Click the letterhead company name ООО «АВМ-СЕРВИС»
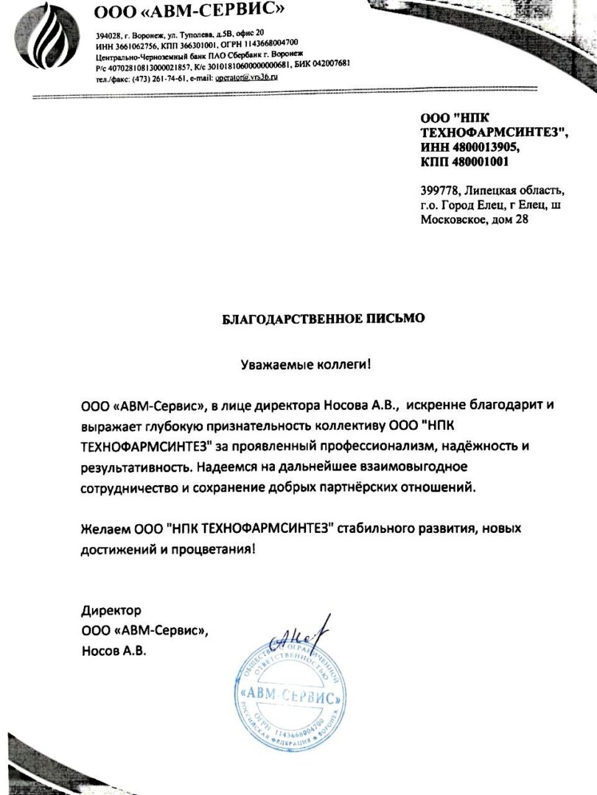tap(189, 10)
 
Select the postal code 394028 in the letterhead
tap(108, 34)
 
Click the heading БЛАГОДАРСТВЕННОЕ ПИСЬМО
tap(324, 319)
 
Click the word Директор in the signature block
tap(111, 610)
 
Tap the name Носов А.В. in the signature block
tap(114, 650)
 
